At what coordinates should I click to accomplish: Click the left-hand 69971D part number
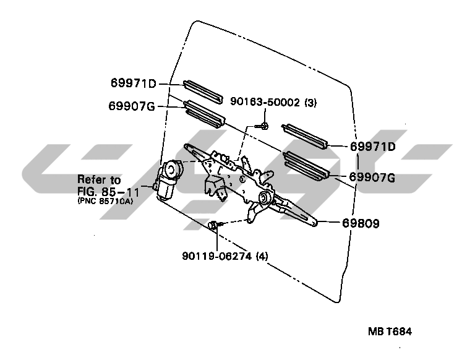(134, 84)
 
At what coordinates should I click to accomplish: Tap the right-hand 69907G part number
(372, 178)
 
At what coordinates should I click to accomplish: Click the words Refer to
(99, 180)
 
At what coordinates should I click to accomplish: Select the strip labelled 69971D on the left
(202, 92)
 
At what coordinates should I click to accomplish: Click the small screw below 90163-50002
(263, 126)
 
